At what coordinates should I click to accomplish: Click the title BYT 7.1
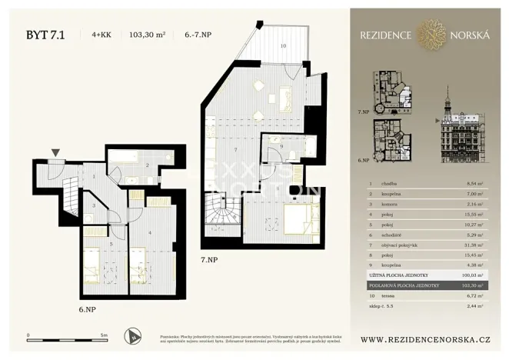tap(45, 34)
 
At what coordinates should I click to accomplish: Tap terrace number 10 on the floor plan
tap(283, 47)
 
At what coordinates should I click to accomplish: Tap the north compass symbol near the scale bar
tap(135, 335)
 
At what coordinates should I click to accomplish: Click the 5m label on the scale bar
tap(105, 336)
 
